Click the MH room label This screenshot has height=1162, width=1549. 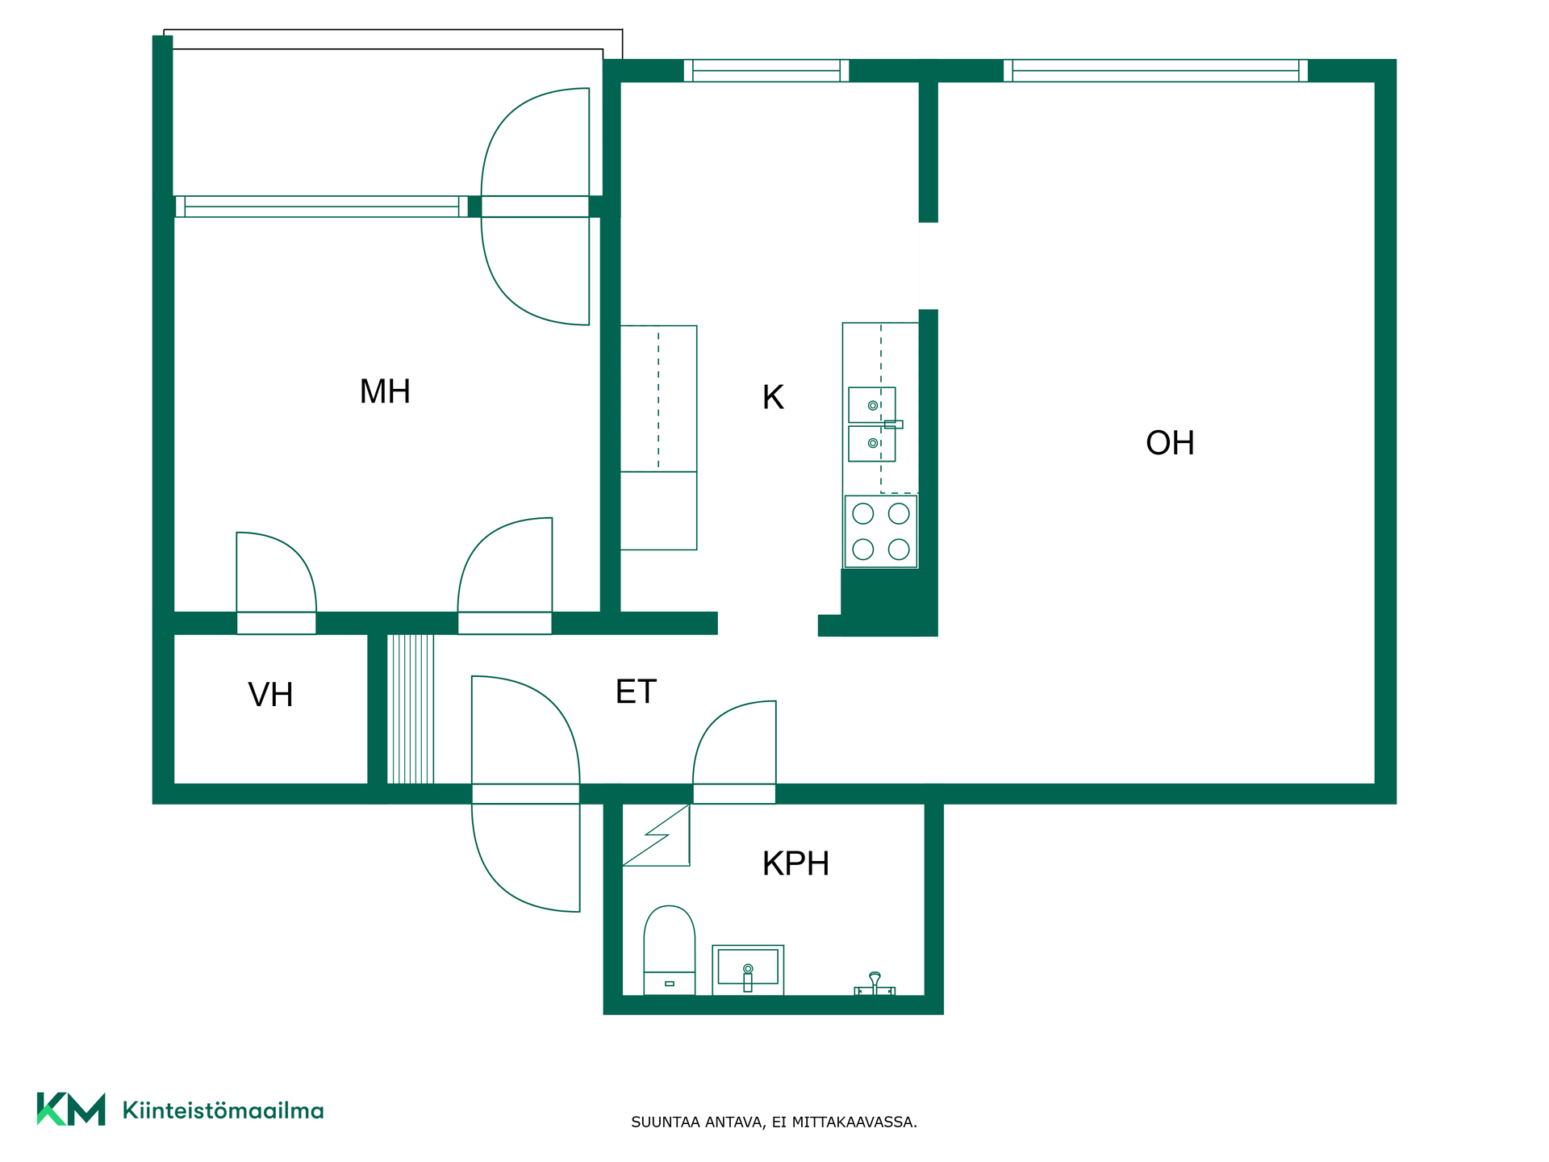[x=385, y=392]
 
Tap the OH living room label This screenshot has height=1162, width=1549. [x=1170, y=443]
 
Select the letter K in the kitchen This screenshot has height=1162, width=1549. [x=773, y=397]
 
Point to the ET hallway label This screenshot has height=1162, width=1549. [x=636, y=692]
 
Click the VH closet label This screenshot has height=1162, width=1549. [x=270, y=696]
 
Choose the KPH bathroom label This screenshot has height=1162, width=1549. [x=795, y=863]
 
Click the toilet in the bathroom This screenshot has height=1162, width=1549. [x=669, y=950]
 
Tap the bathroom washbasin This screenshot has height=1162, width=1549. [x=748, y=970]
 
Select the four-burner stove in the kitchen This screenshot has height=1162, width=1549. [x=881, y=531]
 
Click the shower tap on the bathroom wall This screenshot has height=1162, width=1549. [x=875, y=984]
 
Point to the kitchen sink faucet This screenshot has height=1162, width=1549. [x=893, y=424]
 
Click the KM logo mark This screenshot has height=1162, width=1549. [x=71, y=1109]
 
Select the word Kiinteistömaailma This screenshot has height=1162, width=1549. [x=223, y=1110]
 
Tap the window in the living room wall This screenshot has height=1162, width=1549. [x=1155, y=71]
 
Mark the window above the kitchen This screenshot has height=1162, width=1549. [x=766, y=71]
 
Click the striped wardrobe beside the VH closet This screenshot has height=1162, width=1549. [x=411, y=708]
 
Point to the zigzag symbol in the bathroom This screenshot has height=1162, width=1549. [x=657, y=835]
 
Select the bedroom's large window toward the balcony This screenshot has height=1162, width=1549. [x=321, y=207]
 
